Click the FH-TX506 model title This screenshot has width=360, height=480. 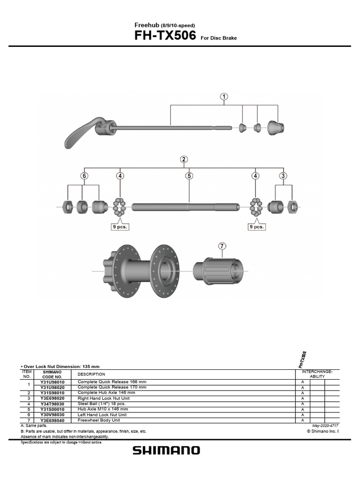pos(165,36)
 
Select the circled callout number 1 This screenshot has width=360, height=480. pos(225,97)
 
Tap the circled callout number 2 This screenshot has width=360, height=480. pos(184,159)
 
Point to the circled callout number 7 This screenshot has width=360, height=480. pos(222,246)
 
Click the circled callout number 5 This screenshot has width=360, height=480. pos(189,176)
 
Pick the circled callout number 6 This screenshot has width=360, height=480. pos(84,176)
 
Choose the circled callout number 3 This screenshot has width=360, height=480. pos(283,176)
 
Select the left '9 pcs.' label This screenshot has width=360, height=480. pos(120,226)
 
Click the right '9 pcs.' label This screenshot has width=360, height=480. pos(256,226)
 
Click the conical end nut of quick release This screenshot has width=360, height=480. pos(275,127)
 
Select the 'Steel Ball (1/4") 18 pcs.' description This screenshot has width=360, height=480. pos(102,403)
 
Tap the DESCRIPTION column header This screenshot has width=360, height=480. pos(91,374)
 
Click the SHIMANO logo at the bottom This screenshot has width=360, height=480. pos(166,450)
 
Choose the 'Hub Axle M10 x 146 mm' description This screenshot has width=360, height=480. pos(103,409)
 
